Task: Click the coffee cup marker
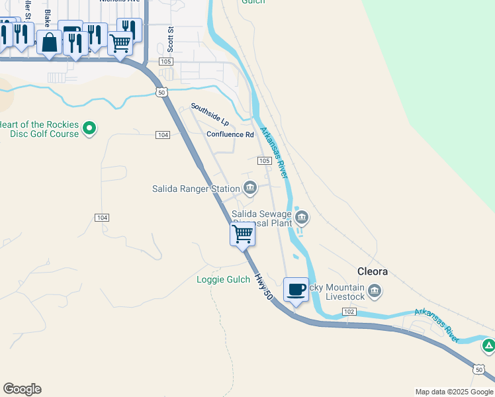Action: [296, 289]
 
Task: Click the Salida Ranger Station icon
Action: [249, 188]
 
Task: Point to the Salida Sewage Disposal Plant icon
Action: [302, 216]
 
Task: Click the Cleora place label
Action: [373, 271]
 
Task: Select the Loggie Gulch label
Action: [223, 279]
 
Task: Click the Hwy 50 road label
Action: [264, 288]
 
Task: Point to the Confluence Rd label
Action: [230, 134]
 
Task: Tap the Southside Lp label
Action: [210, 114]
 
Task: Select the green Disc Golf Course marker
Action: [91, 128]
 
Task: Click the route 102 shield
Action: [350, 312]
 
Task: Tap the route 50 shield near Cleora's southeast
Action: [478, 369]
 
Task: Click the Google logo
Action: [22, 389]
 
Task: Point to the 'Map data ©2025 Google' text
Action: [454, 392]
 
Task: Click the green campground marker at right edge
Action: [488, 345]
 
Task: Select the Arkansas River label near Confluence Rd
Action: [274, 152]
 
